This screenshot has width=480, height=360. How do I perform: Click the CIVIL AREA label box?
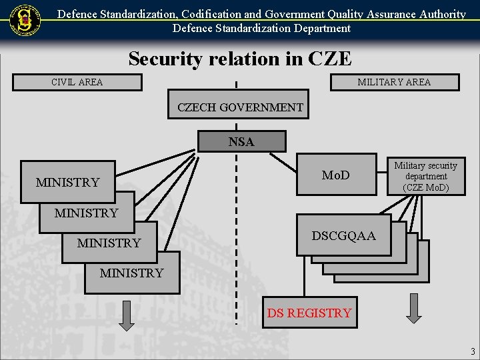pyautogui.click(x=77, y=83)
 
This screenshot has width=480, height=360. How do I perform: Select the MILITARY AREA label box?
pyautogui.click(x=395, y=83)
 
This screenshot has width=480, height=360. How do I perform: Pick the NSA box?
pyautogui.click(x=241, y=141)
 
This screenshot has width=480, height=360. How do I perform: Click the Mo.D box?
pyautogui.click(x=335, y=175)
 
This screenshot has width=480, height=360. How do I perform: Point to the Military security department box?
pyautogui.click(x=425, y=177)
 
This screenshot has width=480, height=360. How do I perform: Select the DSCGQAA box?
pyautogui.click(x=343, y=235)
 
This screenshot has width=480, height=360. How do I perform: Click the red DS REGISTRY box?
pyautogui.click(x=309, y=312)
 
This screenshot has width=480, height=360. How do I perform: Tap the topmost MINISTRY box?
pyautogui.click(x=67, y=182)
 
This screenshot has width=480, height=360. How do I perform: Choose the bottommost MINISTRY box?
pyautogui.click(x=132, y=273)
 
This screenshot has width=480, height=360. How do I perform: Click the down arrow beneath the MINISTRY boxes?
pyautogui.click(x=126, y=315)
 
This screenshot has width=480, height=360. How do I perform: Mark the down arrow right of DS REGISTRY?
pyautogui.click(x=414, y=308)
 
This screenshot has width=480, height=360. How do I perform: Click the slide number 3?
pyautogui.click(x=472, y=351)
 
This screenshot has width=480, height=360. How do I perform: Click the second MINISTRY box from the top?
pyautogui.click(x=86, y=213)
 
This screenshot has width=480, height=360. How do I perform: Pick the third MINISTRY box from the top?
pyautogui.click(x=109, y=243)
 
